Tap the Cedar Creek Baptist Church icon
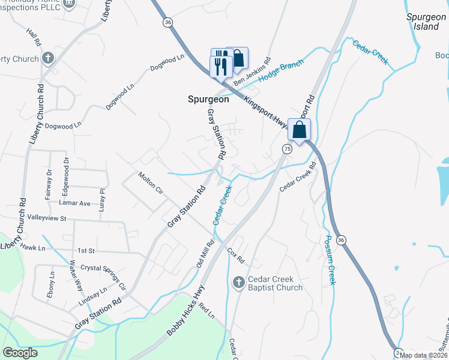point(238,282)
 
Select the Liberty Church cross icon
point(48,59)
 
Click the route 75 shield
point(287,149)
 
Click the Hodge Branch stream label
point(281,71)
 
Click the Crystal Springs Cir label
point(103,277)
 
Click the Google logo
point(20,353)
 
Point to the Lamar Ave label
point(77,203)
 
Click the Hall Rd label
point(33,37)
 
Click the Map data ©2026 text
point(424,355)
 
